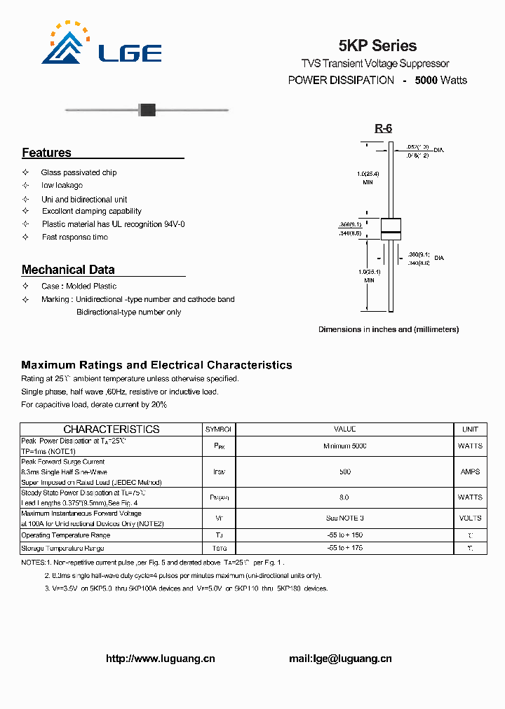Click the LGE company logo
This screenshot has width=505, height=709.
coord(102,46)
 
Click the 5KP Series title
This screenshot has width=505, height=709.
coord(377,46)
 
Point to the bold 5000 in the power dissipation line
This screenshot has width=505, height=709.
coord(426,80)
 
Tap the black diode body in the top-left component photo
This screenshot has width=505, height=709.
coord(146,109)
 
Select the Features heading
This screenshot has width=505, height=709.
coord(46,153)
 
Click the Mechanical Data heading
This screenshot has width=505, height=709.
coord(68,270)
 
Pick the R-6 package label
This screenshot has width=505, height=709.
coord(383,128)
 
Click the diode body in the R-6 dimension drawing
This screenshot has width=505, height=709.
coord(391,228)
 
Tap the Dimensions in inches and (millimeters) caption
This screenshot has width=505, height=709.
coord(389,329)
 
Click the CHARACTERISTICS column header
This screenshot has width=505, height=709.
coord(112,429)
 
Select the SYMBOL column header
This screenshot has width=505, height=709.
coord(218,429)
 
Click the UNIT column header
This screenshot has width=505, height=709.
coord(470,429)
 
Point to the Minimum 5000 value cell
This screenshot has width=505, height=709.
coord(344,446)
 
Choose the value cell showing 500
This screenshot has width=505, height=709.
coord(344,471)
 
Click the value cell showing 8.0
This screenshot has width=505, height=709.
coord(344,497)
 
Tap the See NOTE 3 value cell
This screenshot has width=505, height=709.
coord(344,518)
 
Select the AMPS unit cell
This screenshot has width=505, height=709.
coord(470,471)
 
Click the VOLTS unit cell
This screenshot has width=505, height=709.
coord(470,518)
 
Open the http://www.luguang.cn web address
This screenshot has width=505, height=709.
coord(160,659)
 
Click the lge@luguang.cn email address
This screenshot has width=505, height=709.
coord(340,659)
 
